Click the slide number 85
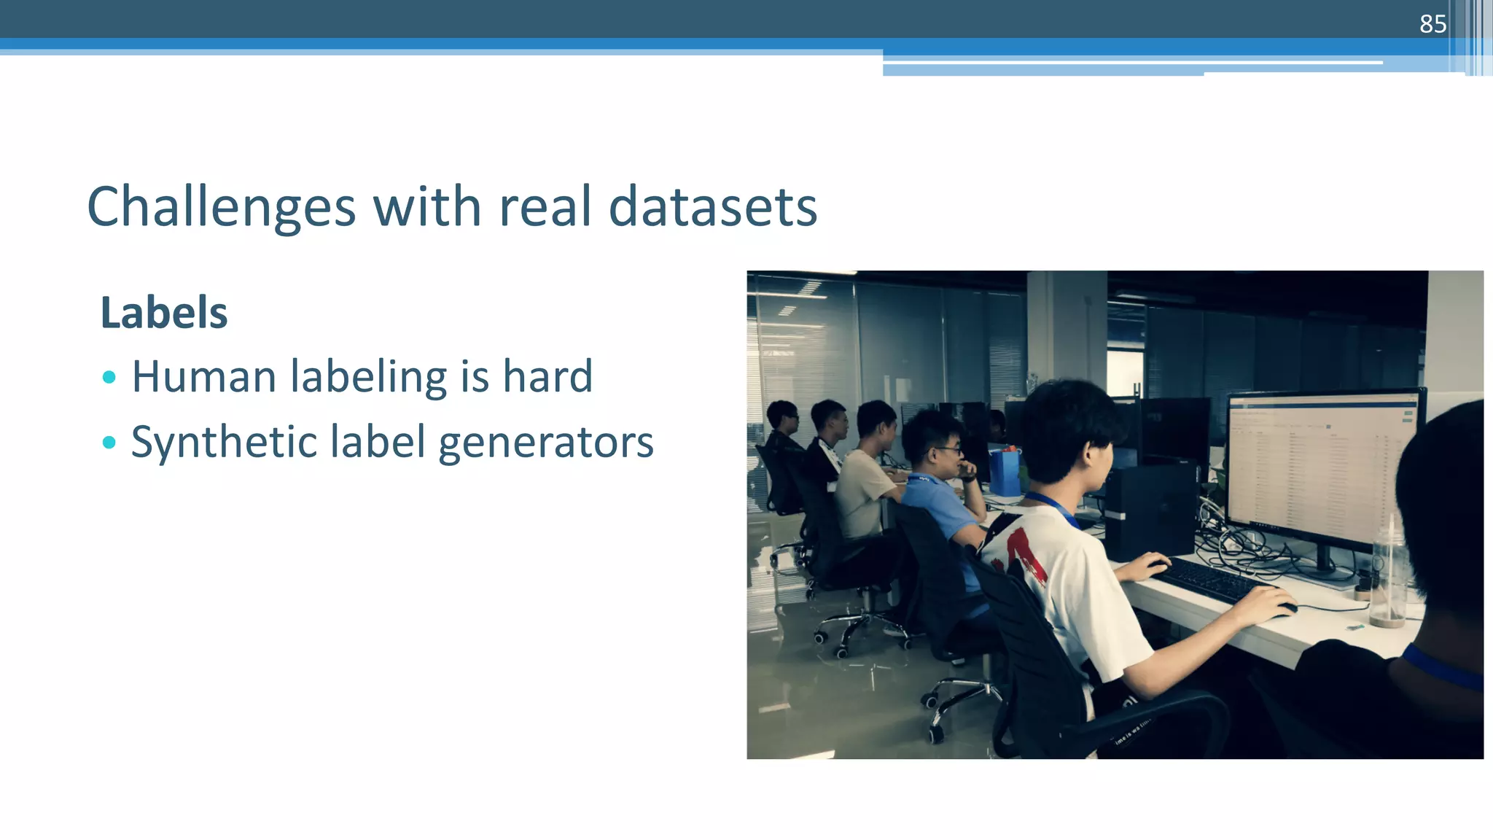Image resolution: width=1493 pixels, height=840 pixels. tap(1432, 24)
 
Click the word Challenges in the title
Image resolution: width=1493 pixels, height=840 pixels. tap(221, 207)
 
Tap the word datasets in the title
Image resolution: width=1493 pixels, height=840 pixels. tap(712, 207)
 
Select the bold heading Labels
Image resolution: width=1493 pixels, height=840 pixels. tap(164, 313)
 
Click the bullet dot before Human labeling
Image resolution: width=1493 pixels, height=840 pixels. tap(109, 377)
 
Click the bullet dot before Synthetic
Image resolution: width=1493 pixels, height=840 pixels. tap(109, 442)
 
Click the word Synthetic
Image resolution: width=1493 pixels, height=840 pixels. tap(223, 443)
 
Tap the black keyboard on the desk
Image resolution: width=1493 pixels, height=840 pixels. tap(1210, 580)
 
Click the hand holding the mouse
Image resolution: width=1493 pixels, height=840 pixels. tap(1265, 602)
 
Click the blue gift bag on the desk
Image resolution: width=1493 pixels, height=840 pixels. tap(1004, 470)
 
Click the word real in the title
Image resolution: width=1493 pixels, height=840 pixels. tap(545, 207)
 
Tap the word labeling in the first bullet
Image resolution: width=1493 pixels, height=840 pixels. tap(368, 377)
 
